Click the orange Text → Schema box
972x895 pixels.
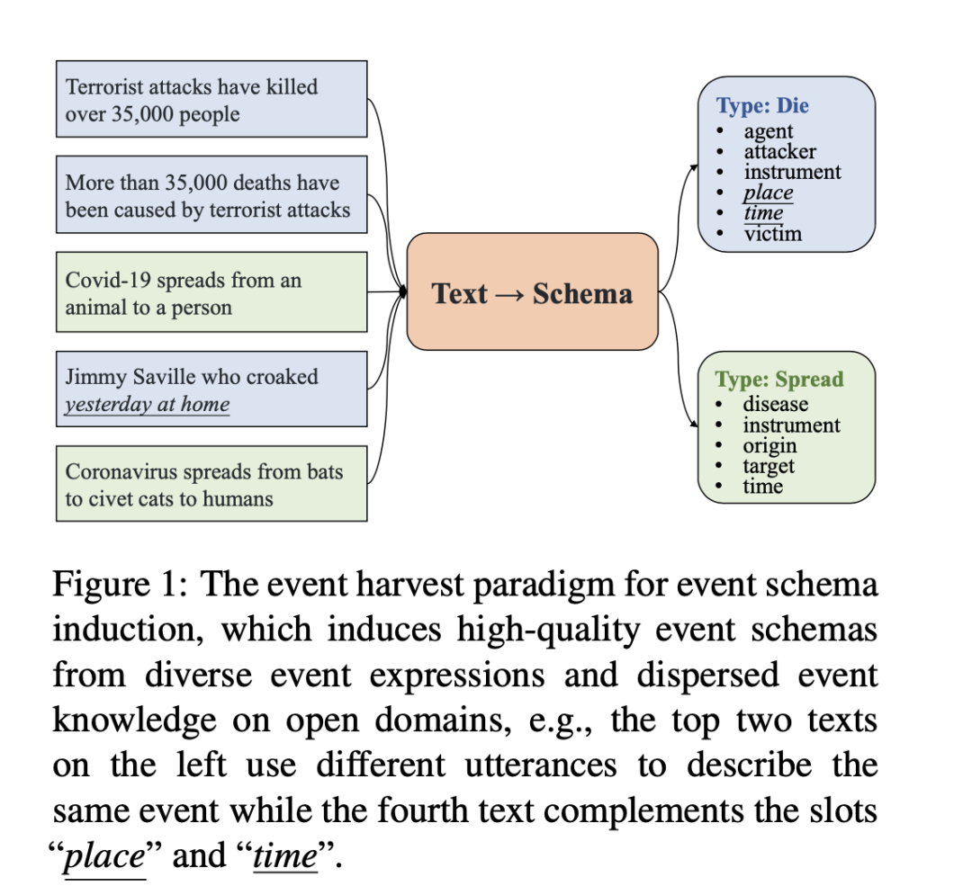point(533,291)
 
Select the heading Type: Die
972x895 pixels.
point(762,106)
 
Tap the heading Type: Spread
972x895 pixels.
point(779,379)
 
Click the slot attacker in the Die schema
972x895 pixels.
point(779,151)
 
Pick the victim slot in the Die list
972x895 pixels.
point(772,234)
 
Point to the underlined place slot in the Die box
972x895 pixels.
point(768,192)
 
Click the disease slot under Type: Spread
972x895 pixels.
point(775,405)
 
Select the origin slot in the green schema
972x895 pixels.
point(769,446)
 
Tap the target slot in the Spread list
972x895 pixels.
point(769,466)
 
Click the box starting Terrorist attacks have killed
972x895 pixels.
point(211,99)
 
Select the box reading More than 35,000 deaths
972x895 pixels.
point(211,195)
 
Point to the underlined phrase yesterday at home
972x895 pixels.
point(147,404)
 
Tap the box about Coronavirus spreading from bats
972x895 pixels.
point(211,484)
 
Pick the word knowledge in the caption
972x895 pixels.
point(134,720)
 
